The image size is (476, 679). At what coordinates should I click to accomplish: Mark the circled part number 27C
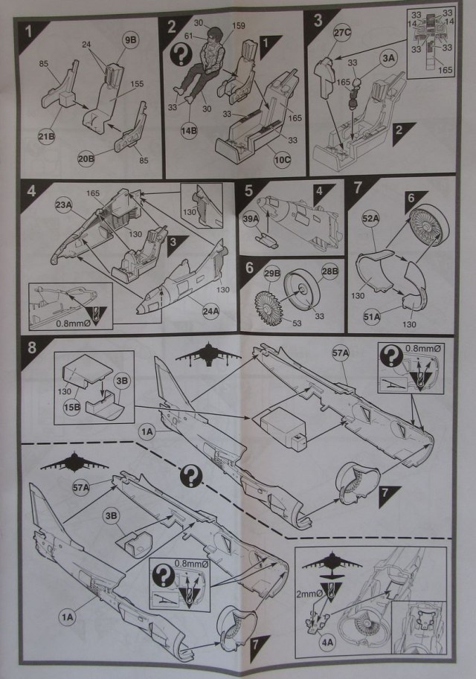point(342,32)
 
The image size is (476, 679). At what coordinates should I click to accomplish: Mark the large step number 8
point(30,347)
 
